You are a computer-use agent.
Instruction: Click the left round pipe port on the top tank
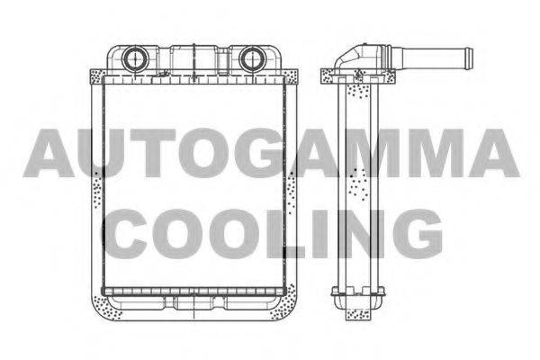pyautogui.click(x=135, y=58)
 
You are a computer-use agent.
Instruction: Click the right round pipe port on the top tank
pyautogui.click(x=251, y=58)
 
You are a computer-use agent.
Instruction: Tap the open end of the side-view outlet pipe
pyautogui.click(x=470, y=58)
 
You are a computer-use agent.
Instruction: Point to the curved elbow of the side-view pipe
pyautogui.click(x=346, y=58)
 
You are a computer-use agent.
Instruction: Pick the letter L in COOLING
pyautogui.click(x=284, y=234)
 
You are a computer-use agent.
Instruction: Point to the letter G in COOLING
pyautogui.click(x=418, y=234)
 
